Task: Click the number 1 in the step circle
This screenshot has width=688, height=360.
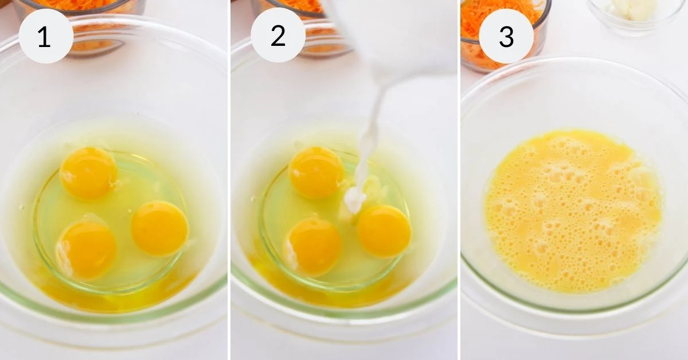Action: coord(44,37)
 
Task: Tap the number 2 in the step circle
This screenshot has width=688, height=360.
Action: coord(278,36)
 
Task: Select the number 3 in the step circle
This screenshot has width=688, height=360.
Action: coord(506,37)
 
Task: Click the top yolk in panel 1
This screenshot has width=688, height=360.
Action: coord(88,173)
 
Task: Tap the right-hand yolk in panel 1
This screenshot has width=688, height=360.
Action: coord(160,228)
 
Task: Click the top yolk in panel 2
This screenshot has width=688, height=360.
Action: coord(316,173)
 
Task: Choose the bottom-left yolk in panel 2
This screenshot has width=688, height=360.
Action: coord(315,246)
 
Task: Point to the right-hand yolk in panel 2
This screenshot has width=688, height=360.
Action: coord(384,231)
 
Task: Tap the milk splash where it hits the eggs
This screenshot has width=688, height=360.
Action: coord(355,199)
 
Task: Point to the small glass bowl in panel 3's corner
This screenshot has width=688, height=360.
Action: coord(636,14)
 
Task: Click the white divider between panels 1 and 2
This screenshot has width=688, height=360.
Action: coord(229,180)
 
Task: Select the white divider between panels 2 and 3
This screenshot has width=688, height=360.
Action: coord(459,180)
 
